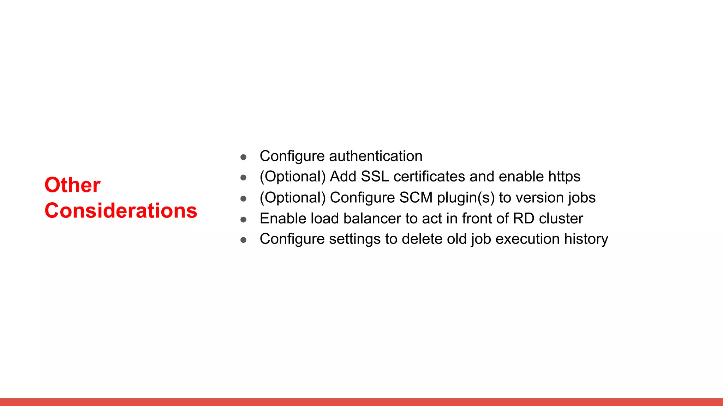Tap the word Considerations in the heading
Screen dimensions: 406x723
[x=121, y=210]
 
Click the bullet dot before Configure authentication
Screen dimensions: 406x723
[x=243, y=157]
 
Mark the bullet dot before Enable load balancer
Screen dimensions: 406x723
[x=243, y=220]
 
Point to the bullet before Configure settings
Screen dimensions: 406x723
[x=243, y=240]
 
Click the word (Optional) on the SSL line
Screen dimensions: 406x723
[x=293, y=177]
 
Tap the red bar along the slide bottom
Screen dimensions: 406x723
[x=361, y=402]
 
